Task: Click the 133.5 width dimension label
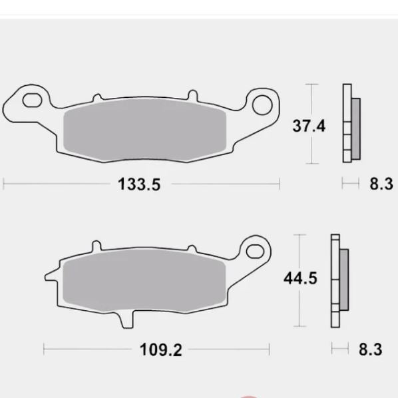140,184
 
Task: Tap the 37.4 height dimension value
309,124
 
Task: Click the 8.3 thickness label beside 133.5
381,184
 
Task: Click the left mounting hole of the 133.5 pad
31,101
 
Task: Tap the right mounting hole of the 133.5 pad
265,103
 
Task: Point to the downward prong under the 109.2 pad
127,321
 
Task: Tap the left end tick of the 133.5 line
3,184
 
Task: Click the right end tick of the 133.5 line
280,184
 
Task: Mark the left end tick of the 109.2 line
44,349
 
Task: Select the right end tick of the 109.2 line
269,349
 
